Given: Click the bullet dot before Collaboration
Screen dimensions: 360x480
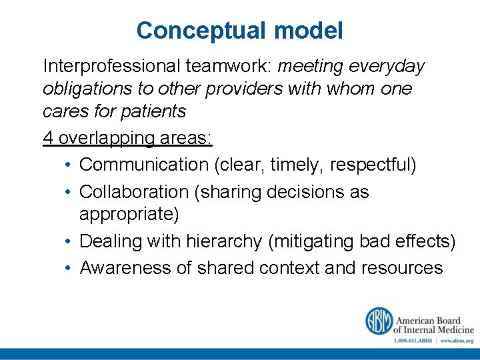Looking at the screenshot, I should tap(69, 192).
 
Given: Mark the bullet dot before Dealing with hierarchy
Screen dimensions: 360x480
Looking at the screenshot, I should tap(69, 241).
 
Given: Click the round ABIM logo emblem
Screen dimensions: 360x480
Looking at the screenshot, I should tap(378, 321).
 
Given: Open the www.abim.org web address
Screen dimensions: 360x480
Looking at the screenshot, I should tap(457, 340).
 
